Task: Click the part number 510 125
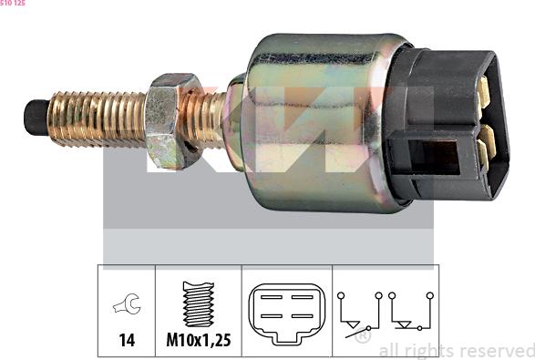pyautogui.click(x=13, y=4)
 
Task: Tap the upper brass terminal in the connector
pyautogui.click(x=484, y=92)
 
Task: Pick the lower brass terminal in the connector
pyautogui.click(x=485, y=140)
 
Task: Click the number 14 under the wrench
pyautogui.click(x=127, y=340)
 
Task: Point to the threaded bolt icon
pyautogui.click(x=198, y=303)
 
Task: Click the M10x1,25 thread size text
pyautogui.click(x=198, y=340)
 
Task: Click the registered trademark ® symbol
pyautogui.click(x=363, y=336)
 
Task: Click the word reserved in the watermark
pyautogui.click(x=497, y=350)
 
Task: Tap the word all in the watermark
pyautogui.click(x=389, y=350)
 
